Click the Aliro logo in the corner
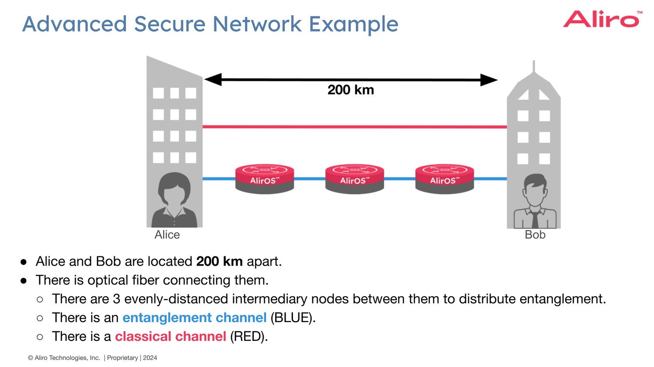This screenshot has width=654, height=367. pyautogui.click(x=602, y=20)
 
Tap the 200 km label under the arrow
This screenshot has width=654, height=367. pyautogui.click(x=351, y=90)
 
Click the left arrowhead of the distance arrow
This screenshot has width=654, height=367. pyautogui.click(x=213, y=80)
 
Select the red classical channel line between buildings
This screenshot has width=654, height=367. pyautogui.click(x=354, y=127)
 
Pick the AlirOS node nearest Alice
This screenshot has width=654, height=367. pyautogui.click(x=265, y=178)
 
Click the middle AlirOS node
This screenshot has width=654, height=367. pyautogui.click(x=354, y=178)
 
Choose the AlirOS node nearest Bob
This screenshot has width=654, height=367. pyautogui.click(x=444, y=178)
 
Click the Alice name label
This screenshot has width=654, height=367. pyautogui.click(x=167, y=235)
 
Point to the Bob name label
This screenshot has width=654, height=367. pyautogui.click(x=535, y=235)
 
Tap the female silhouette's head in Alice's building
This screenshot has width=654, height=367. pyautogui.click(x=174, y=189)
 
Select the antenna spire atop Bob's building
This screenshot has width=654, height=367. pyautogui.click(x=534, y=66)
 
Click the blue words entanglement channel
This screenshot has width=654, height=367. pyautogui.click(x=194, y=318)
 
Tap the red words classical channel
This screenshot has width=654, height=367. pyautogui.click(x=170, y=337)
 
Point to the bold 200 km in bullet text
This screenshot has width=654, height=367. pyautogui.click(x=219, y=261)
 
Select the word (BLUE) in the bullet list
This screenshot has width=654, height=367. pyautogui.click(x=293, y=318)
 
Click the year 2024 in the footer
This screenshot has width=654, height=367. pyautogui.click(x=150, y=358)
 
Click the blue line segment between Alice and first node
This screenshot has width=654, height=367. pyautogui.click(x=219, y=178)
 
